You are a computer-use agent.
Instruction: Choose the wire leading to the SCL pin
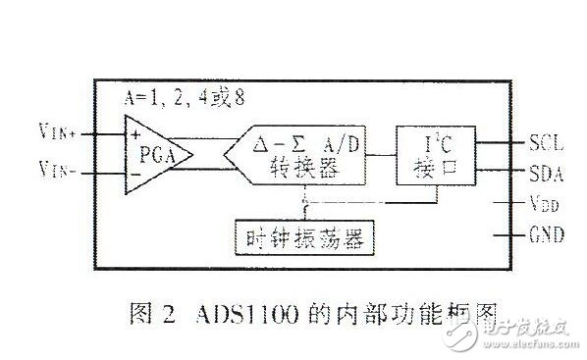(491, 142)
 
